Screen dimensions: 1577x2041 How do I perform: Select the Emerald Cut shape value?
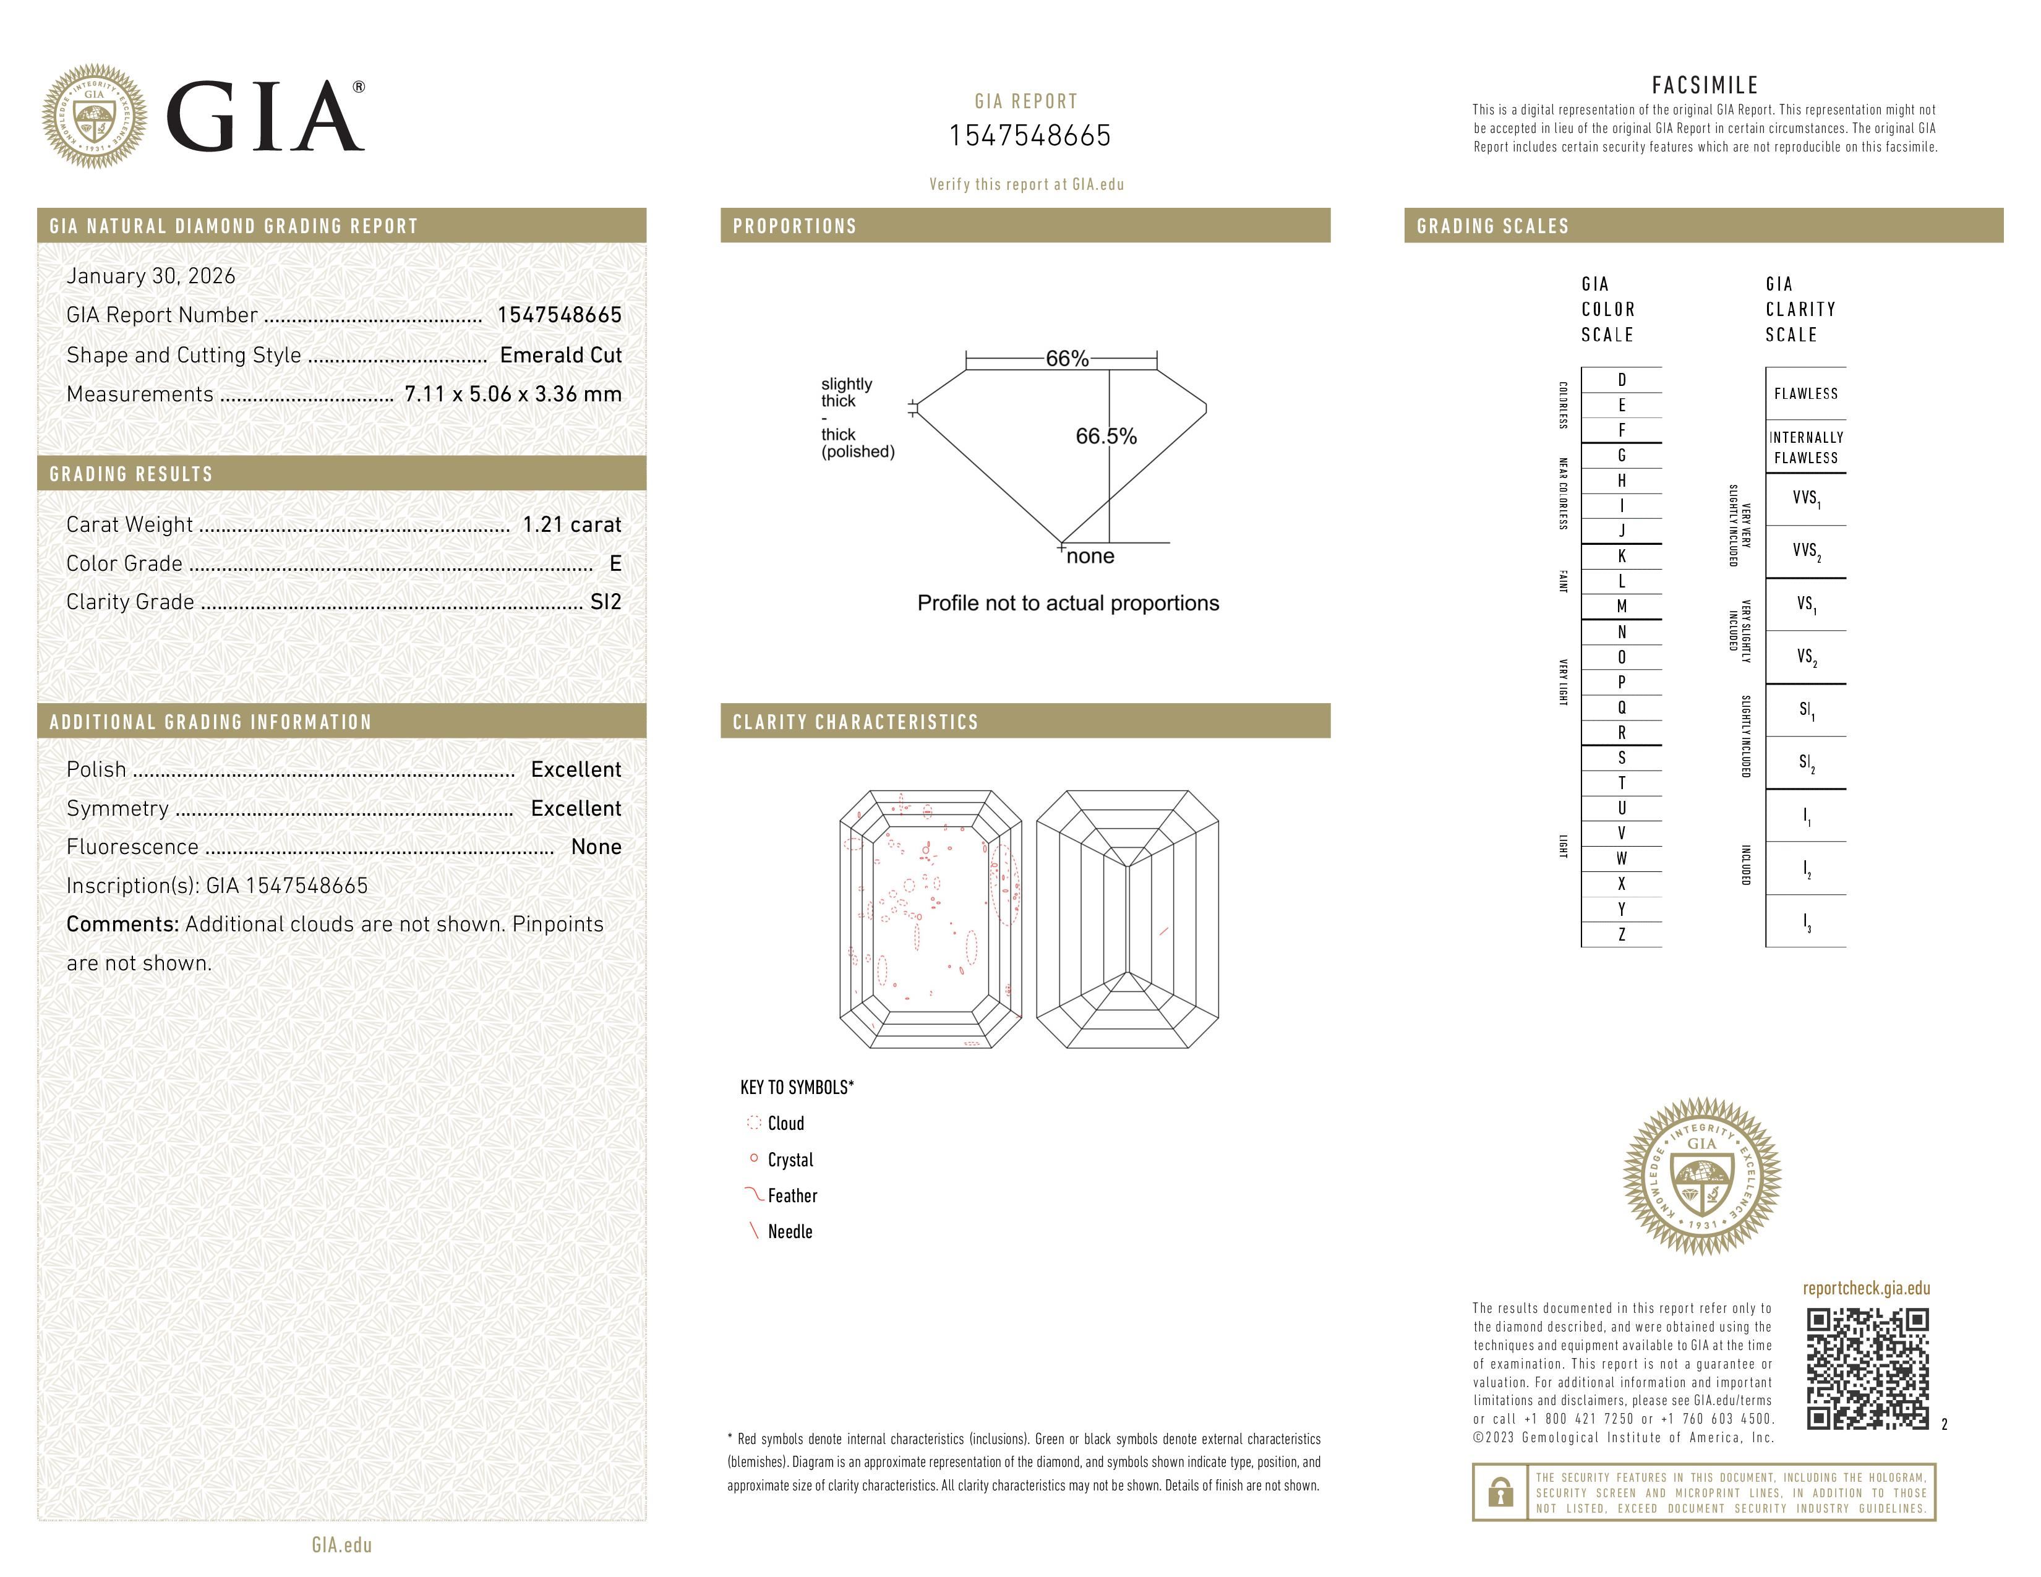click(561, 355)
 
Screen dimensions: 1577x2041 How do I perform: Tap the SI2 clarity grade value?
click(605, 602)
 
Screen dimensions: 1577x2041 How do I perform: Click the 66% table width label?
click(1066, 359)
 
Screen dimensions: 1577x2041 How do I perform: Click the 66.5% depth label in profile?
click(1106, 436)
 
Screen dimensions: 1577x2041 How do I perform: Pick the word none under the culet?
click(1090, 556)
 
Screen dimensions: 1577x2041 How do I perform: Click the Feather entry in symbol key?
click(792, 1196)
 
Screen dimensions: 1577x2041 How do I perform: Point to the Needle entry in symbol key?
click(790, 1231)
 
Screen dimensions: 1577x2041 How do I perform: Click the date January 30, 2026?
click(150, 276)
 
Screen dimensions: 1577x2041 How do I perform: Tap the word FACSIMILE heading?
click(1705, 85)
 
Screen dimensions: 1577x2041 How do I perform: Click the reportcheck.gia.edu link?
click(1866, 1288)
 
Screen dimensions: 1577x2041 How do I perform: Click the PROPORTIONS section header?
click(794, 226)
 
